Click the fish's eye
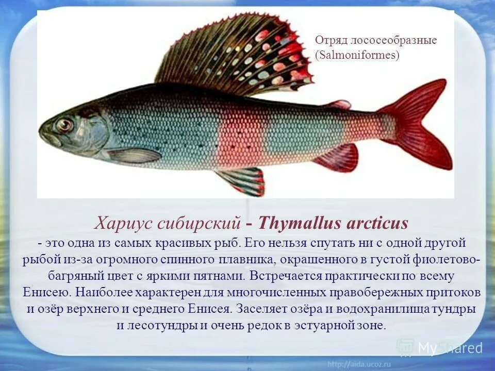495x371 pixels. (65, 125)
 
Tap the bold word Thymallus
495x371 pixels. (298, 224)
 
